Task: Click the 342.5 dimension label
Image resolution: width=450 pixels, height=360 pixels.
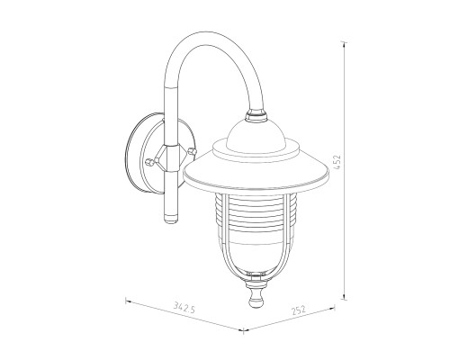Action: click(x=184, y=307)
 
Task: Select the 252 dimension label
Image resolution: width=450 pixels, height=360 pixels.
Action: click(x=298, y=310)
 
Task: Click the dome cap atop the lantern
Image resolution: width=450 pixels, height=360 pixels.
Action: click(x=256, y=136)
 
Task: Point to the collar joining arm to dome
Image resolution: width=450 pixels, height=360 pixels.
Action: click(x=256, y=115)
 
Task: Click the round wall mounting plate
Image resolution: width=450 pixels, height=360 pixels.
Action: click(x=159, y=153)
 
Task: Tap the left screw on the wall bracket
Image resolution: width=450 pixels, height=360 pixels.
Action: click(x=149, y=163)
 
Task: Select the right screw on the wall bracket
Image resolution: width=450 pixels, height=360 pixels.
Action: click(x=192, y=151)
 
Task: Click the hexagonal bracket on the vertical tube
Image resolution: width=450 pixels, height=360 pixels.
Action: click(x=171, y=158)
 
